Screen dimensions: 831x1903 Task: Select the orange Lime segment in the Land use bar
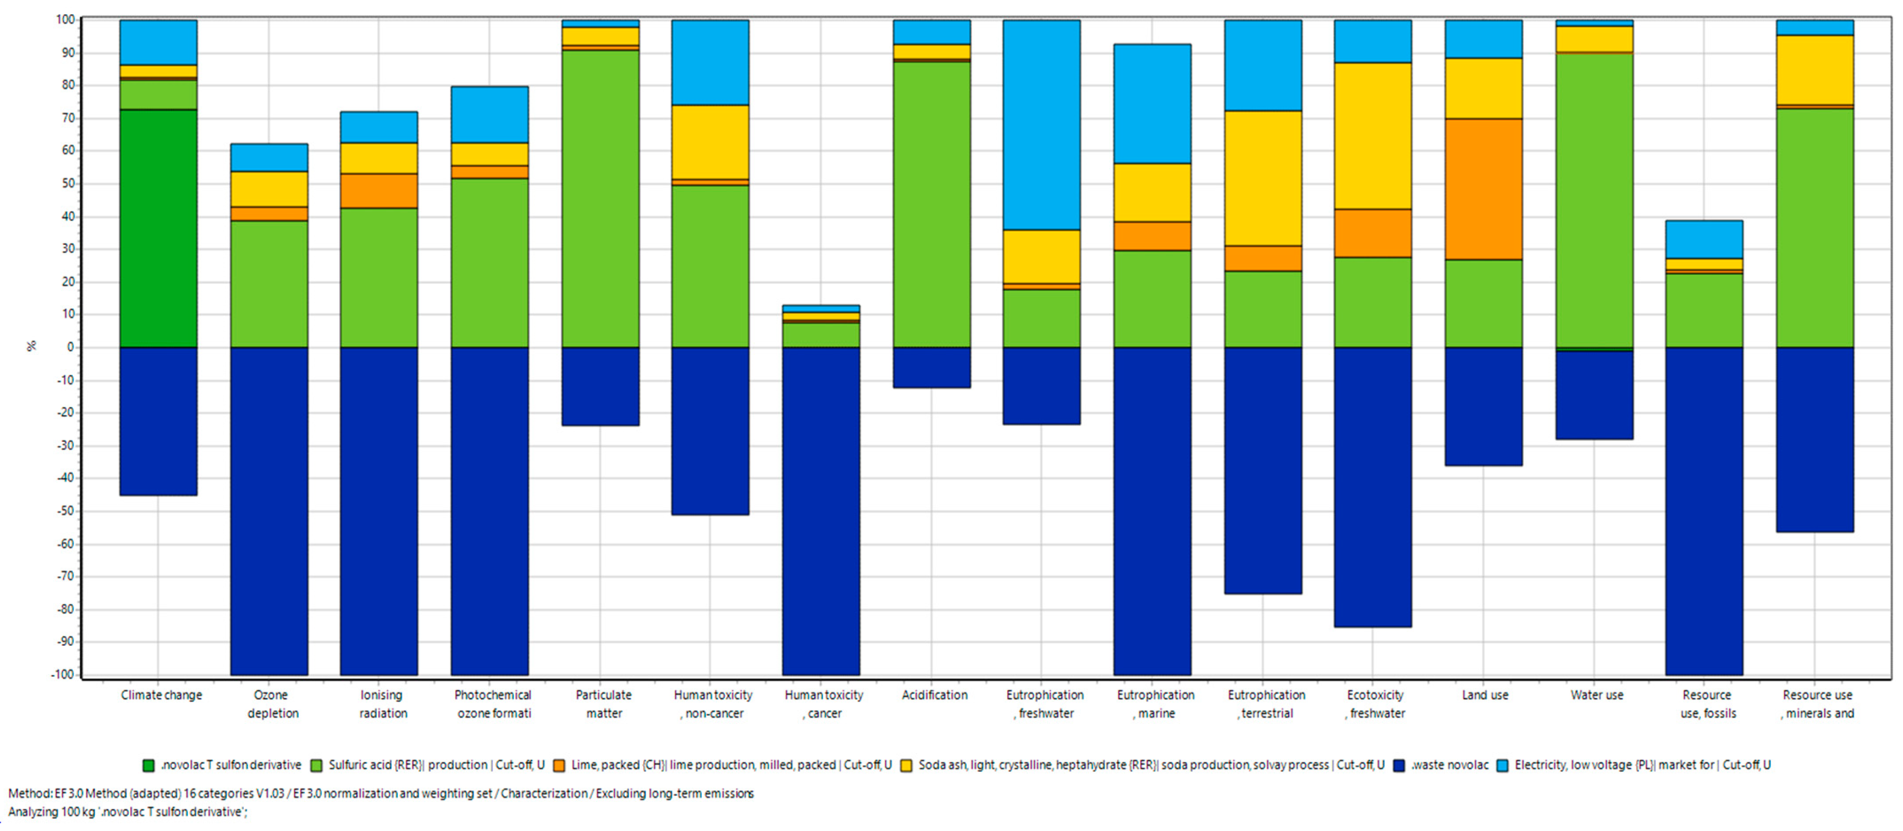click(x=1484, y=189)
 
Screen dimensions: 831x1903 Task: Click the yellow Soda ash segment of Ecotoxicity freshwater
click(x=1372, y=136)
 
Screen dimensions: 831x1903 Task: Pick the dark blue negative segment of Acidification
click(x=931, y=367)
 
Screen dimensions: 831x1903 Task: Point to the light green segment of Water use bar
click(x=1594, y=199)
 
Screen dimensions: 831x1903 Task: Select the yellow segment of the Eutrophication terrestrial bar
click(x=1263, y=178)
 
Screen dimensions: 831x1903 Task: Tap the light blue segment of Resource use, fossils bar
click(x=1704, y=239)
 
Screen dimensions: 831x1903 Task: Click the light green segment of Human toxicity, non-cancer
click(x=710, y=266)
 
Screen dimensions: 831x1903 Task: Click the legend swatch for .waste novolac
click(x=1399, y=765)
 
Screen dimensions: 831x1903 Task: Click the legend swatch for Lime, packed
click(x=559, y=765)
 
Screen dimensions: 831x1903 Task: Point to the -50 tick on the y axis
click(x=66, y=511)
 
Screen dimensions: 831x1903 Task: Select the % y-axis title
click(x=31, y=346)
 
